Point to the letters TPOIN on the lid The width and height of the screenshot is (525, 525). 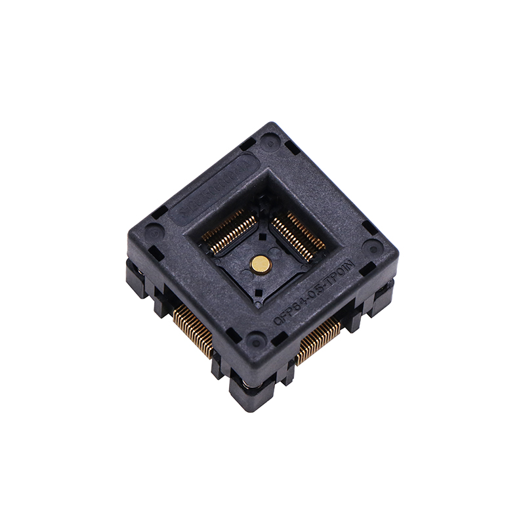click(x=345, y=270)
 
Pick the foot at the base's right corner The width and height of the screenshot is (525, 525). click(x=384, y=299)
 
